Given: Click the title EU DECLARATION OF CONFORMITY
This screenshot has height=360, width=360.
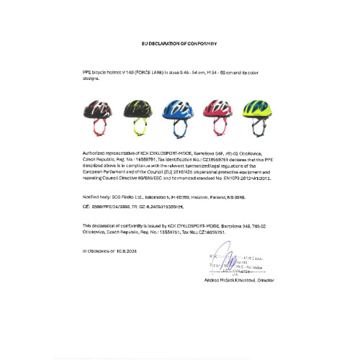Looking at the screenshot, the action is click(180, 43).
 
